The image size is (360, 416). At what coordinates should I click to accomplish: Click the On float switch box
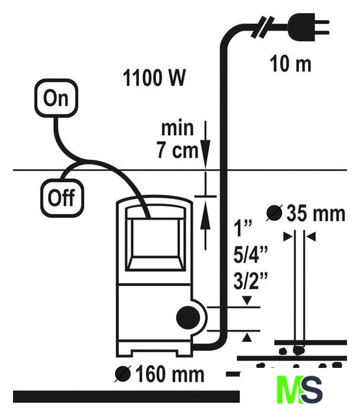click(56, 98)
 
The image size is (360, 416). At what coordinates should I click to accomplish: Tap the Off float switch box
click(62, 198)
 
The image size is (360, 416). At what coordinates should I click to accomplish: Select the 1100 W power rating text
click(154, 78)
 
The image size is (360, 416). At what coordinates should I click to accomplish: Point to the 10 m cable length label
click(290, 64)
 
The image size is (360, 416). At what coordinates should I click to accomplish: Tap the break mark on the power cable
click(263, 27)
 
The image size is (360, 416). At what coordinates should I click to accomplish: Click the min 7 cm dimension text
click(178, 140)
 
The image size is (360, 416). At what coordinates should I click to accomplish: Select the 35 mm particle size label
click(316, 214)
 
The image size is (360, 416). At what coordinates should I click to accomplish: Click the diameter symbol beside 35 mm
click(274, 213)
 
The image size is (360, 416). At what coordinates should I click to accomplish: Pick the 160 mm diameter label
click(170, 374)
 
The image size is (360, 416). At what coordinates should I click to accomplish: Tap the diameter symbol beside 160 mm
click(123, 374)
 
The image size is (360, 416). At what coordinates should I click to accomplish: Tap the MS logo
click(300, 389)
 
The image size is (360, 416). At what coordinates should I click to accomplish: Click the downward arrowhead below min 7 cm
click(205, 153)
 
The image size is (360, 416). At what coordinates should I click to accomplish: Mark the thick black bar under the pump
click(126, 396)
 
